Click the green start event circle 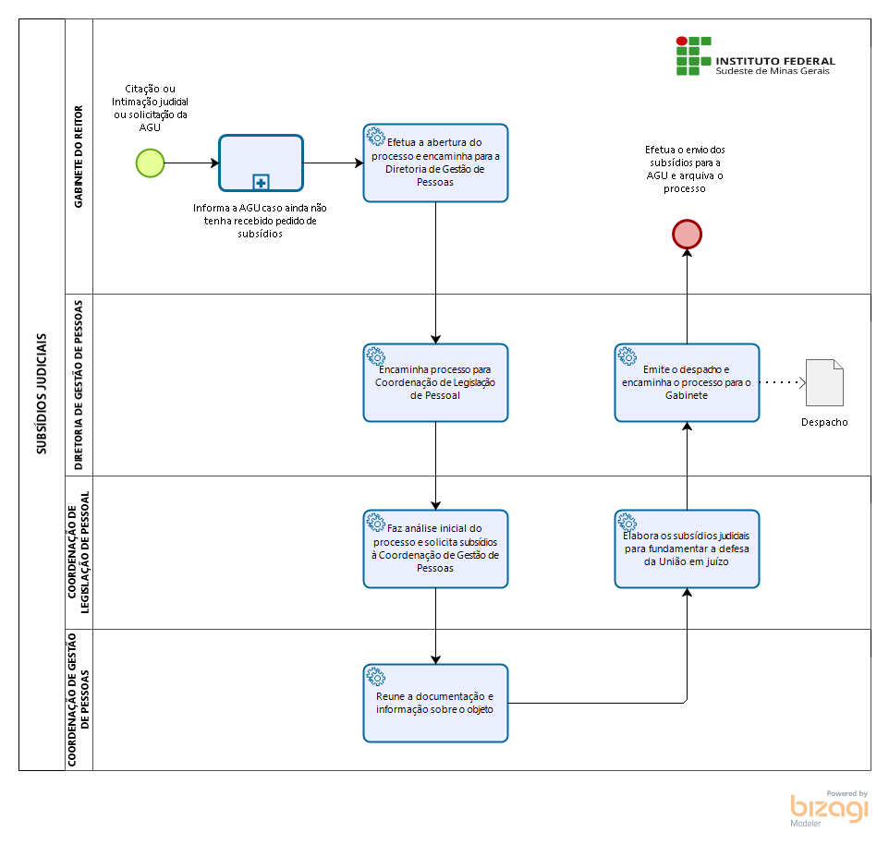[151, 163]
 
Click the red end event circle [687, 234]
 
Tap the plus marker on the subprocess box [261, 183]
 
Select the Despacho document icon [824, 382]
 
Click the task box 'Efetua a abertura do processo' [435, 163]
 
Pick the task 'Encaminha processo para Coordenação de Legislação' [435, 382]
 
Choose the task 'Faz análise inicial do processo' [435, 549]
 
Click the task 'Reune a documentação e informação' [435, 703]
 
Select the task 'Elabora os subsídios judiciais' [687, 549]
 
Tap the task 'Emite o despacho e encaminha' [687, 382]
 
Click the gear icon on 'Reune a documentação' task [375, 677]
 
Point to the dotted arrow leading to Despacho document [783, 383]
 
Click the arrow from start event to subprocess [192, 163]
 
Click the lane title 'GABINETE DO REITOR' [79, 156]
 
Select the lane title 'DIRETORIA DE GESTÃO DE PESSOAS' [79, 385]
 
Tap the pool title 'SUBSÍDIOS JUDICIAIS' [42, 393]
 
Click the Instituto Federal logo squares [693, 56]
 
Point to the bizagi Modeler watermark [830, 808]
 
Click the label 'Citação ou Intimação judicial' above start [151, 108]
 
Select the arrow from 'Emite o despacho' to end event [687, 296]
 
